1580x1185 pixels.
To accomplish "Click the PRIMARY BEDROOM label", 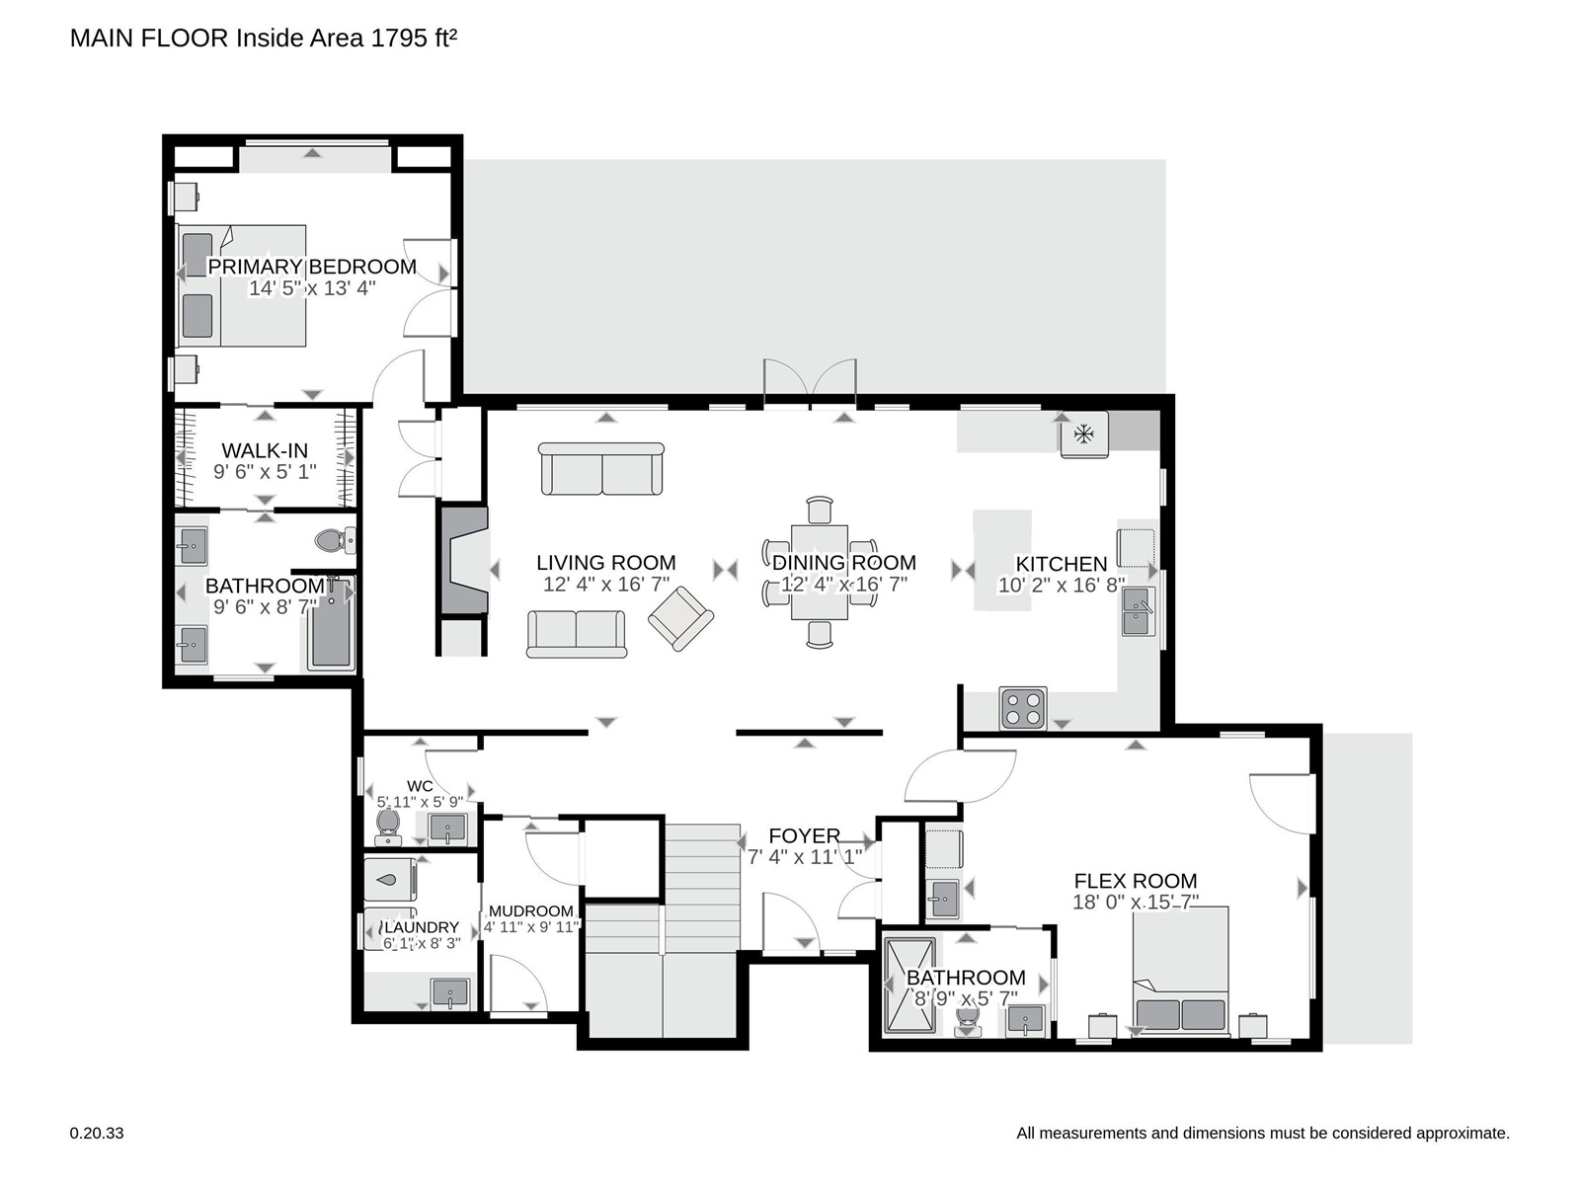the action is pos(312,267).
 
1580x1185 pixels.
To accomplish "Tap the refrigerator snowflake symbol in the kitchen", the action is pos(1083,434).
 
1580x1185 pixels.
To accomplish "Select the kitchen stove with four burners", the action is pos(1023,708).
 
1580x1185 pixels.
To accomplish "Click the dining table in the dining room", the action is pos(820,572).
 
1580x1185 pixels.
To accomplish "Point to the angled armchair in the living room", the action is pos(680,618).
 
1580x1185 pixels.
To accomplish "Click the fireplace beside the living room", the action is pos(465,561).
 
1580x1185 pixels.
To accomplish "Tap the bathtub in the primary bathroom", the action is pos(331,623).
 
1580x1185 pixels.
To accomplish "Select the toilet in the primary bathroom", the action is pos(336,539).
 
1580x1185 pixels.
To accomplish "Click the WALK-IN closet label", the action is pos(265,451).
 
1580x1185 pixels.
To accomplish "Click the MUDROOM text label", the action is pos(530,910).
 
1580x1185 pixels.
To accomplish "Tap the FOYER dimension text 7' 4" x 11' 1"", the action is pos(805,857).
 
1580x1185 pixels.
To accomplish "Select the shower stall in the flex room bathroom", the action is pos(909,985).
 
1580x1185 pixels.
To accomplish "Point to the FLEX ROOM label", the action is pos(1136,881).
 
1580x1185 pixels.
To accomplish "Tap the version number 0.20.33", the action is pos(97,1134).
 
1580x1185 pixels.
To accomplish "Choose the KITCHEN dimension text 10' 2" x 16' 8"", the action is pos(1061,585).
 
